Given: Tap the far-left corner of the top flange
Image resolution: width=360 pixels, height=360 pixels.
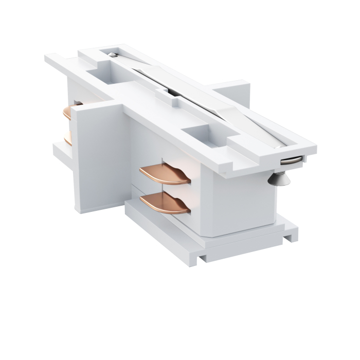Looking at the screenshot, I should click(x=47, y=58).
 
